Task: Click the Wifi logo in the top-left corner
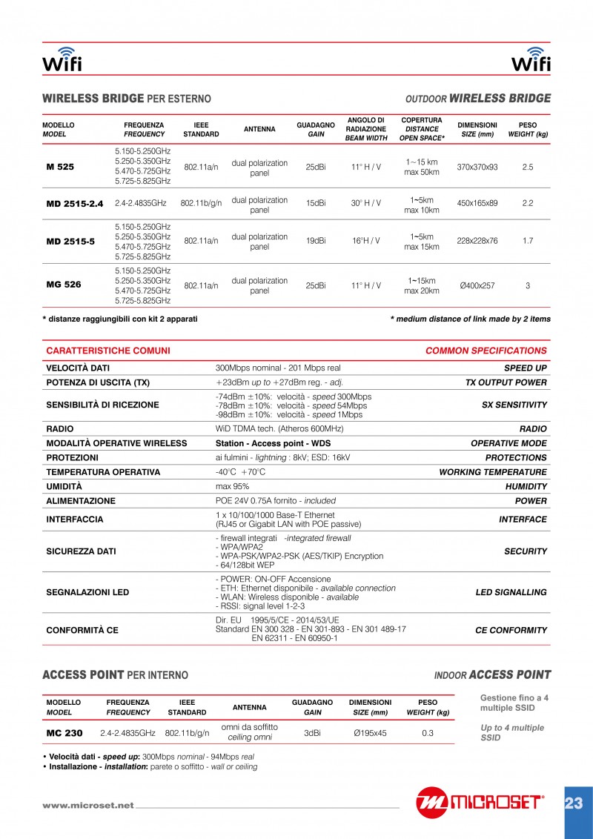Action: coord(62,60)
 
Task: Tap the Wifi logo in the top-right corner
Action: coord(531,60)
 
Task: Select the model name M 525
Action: coord(60,167)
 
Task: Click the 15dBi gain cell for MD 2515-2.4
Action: coord(316,203)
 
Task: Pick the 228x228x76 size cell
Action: coord(477,241)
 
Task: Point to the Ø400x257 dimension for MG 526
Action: coord(477,285)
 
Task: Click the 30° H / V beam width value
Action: coord(366,203)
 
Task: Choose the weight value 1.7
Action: coord(527,241)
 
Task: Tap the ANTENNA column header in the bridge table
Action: coord(259,129)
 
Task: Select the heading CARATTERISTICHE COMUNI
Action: coord(108,351)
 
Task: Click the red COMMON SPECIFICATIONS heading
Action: coord(486,351)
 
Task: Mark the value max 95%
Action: coord(232,487)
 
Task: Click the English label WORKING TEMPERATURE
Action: coord(493,472)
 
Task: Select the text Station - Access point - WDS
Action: coord(273,443)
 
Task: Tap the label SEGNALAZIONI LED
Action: coord(87,592)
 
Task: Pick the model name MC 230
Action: coord(64,733)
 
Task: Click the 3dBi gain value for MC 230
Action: coord(312,733)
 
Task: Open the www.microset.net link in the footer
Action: coord(88,806)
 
